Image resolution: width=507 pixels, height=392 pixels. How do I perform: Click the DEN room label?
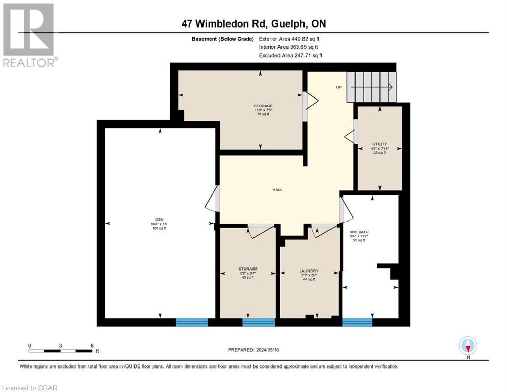coord(160,220)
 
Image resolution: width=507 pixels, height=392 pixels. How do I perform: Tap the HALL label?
coord(277,190)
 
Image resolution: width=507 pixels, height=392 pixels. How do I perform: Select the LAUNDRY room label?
coord(309,271)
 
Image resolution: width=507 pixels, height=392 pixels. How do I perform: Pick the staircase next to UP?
coord(371,87)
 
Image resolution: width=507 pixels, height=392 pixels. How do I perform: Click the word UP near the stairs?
coord(339,87)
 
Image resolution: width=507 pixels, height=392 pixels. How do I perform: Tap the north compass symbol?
coord(468,346)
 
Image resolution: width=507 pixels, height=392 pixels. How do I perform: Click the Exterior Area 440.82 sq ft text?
coord(289,39)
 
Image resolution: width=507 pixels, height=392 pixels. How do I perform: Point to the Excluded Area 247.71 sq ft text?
coord(290,55)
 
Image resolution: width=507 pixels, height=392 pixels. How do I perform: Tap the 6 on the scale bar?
coord(92,345)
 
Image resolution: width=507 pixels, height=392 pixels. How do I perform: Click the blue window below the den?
coord(192,322)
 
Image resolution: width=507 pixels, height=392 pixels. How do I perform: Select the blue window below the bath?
coord(357,322)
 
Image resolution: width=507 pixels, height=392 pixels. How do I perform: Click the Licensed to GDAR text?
coord(29,388)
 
